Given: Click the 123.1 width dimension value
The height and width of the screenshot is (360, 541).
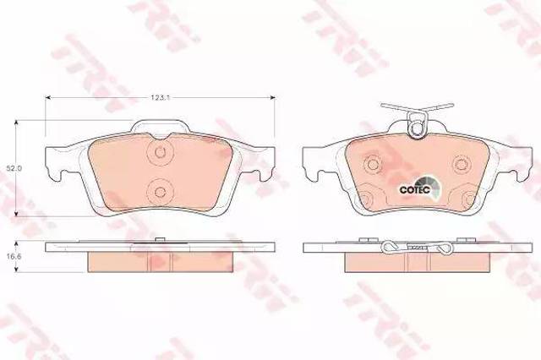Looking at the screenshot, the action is [x=161, y=97].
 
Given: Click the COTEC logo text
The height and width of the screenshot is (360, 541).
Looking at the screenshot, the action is [x=414, y=189].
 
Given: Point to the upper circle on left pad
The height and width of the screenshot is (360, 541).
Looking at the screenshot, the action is [x=160, y=151].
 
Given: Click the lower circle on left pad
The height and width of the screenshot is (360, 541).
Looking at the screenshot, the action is [x=160, y=192].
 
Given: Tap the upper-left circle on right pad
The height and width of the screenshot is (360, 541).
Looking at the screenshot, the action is [x=373, y=164].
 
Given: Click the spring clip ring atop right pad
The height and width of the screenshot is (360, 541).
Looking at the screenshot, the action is [x=417, y=128].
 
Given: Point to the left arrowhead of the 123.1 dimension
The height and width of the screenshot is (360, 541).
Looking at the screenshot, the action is [x=48, y=98].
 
